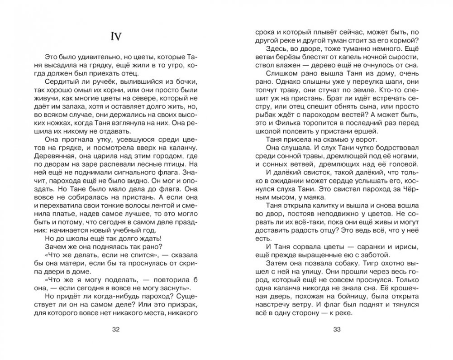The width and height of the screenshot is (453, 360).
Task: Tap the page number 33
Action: coord(336,329)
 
